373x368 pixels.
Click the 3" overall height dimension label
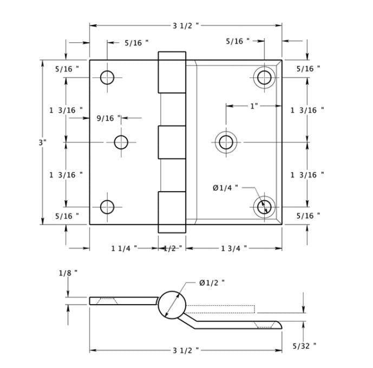43,142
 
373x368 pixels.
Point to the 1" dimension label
254,106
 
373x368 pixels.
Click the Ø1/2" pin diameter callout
212,282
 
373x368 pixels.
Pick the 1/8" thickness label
68,273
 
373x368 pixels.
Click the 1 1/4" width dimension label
124,248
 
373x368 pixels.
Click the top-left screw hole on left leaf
107,77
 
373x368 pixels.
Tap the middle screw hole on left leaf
121,142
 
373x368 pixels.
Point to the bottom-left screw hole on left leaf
107,207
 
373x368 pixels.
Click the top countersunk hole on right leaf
264,77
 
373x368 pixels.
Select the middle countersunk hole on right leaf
226,142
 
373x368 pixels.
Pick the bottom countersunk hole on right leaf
264,207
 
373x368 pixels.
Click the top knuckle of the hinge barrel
172,72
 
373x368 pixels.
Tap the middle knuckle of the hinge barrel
172,142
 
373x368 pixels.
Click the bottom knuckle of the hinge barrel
172,212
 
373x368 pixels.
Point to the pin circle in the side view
172,304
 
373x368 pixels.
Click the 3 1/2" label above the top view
186,25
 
